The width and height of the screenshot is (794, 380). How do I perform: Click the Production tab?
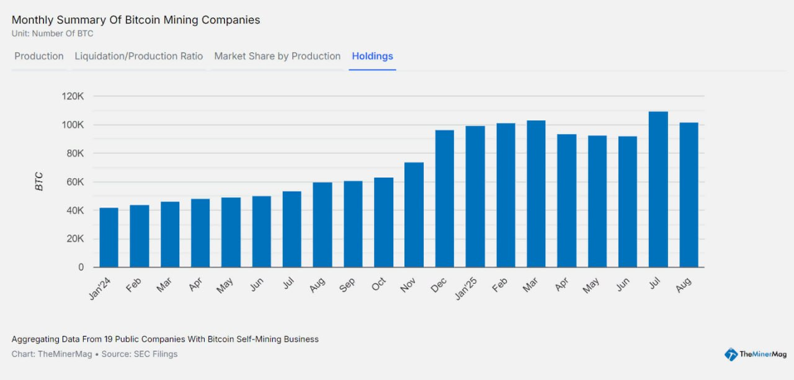(39, 56)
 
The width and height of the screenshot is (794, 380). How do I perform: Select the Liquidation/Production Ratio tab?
(139, 56)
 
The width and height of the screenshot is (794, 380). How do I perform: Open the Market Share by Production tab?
(277, 56)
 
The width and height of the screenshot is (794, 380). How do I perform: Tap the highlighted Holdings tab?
(372, 56)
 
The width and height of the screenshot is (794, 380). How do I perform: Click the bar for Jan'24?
(109, 237)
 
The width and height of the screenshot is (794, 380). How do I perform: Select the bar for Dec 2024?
(445, 199)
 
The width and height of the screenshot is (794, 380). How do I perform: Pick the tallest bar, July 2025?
(658, 190)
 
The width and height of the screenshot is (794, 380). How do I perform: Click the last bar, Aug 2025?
(689, 195)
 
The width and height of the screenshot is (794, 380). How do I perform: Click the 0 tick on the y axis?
(81, 268)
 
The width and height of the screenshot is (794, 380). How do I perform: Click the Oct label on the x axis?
(378, 285)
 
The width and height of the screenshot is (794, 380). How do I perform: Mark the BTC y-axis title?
(39, 182)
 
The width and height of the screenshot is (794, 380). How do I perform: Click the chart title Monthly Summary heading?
(136, 20)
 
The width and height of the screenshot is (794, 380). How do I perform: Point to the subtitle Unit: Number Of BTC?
(52, 33)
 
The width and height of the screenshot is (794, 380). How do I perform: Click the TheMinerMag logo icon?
(731, 355)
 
